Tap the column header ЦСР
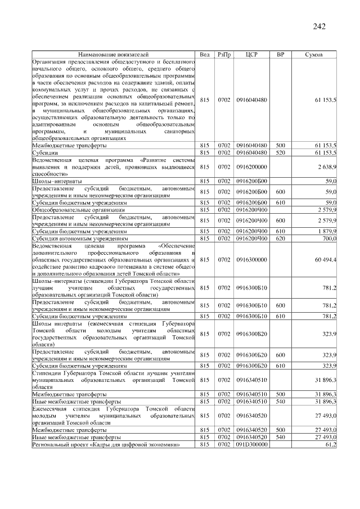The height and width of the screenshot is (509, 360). tap(251, 54)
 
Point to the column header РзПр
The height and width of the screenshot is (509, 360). tap(224, 54)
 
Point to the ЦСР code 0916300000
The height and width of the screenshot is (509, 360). tap(251, 260)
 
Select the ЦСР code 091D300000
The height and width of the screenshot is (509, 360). tap(251, 444)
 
